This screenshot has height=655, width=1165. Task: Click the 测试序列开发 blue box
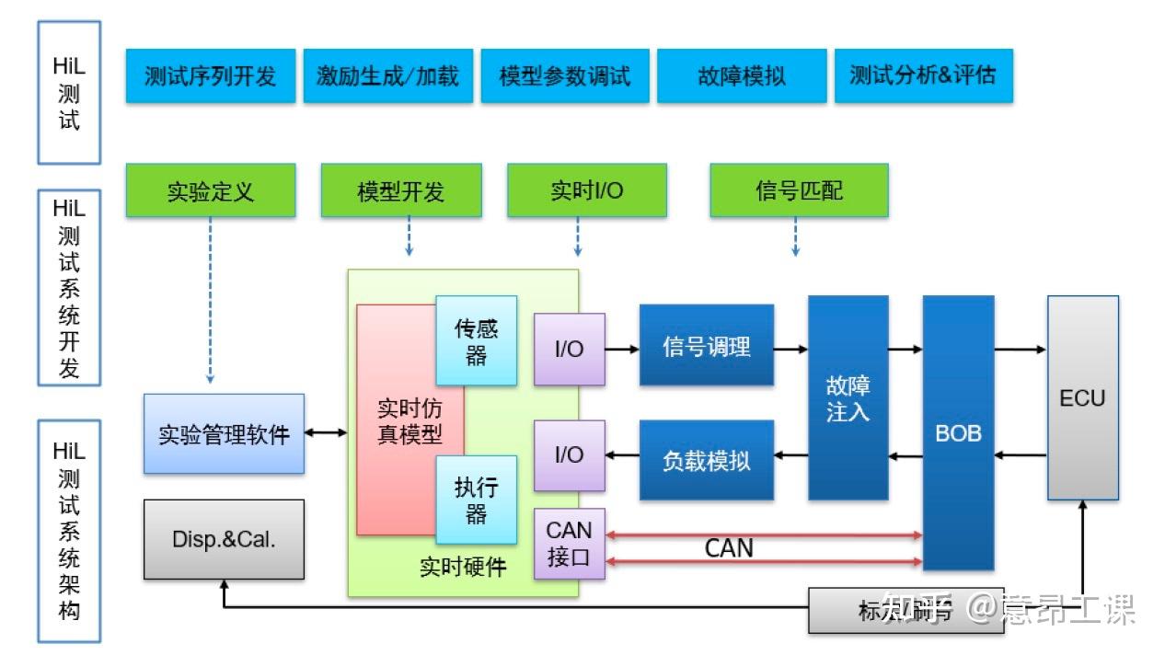tap(211, 75)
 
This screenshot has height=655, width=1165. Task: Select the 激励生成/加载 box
tap(387, 75)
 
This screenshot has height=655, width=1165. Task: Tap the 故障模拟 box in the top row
tap(742, 75)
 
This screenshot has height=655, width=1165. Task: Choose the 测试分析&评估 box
tap(922, 75)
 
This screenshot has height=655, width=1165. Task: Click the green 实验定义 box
tap(211, 190)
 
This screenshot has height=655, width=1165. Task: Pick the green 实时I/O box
tap(586, 190)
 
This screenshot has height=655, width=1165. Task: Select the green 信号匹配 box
tap(799, 190)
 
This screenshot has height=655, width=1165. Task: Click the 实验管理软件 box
tap(224, 434)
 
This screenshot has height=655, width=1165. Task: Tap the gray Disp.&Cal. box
tap(224, 539)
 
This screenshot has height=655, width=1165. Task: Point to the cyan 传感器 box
tap(476, 340)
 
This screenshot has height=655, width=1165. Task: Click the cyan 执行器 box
tap(476, 500)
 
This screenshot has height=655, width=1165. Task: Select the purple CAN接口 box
tap(570, 544)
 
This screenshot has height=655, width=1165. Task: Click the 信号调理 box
tap(707, 346)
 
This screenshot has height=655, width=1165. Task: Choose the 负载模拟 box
tap(707, 460)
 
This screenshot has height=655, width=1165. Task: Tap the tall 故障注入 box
tap(848, 397)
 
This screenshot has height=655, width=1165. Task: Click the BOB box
tap(958, 432)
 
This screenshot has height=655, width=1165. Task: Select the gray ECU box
tap(1082, 397)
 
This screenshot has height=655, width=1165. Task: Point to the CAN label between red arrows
tap(729, 548)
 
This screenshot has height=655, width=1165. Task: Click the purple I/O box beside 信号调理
tap(570, 349)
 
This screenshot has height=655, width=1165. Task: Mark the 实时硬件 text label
tap(463, 567)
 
